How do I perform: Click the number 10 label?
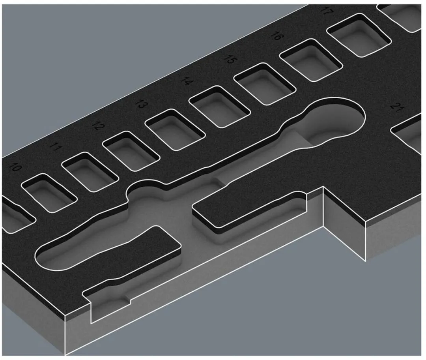[15, 167]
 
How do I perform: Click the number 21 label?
[397, 107]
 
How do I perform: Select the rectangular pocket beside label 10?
[49, 193]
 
